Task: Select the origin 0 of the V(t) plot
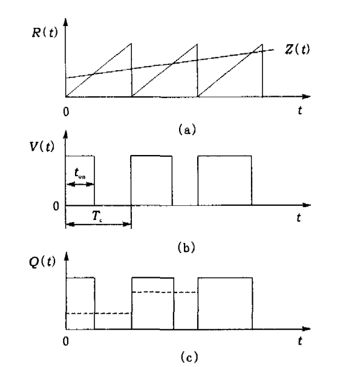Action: (55, 205)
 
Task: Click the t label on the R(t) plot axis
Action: (300, 111)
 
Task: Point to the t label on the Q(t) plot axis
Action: (300, 342)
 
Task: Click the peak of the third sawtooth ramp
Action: (263, 44)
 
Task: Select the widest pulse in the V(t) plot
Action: (224, 180)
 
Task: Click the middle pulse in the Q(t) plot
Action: (152, 303)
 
